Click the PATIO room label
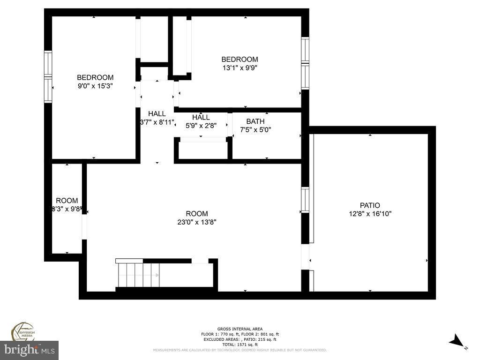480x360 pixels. pos(370,205)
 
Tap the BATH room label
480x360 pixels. pos(255,121)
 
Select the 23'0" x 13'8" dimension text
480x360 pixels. pos(196,222)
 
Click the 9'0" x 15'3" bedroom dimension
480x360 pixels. pos(95,86)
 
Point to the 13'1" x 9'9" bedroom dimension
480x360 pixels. pos(240,67)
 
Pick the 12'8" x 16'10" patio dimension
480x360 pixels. pos(370,214)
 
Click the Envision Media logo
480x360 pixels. pos(23,331)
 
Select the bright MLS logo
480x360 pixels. pos(29,350)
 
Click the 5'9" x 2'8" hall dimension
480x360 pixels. pos(201,126)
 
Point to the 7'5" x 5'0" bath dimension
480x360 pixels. pos(255,130)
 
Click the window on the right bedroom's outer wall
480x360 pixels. pos(305,63)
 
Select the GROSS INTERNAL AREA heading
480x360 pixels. pos(240,329)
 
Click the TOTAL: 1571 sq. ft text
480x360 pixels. pos(240,345)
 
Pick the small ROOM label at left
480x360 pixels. pos(67,201)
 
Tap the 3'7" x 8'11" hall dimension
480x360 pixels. pos(157,122)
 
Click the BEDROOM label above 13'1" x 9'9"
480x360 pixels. pos(240,60)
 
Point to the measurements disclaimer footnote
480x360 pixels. pos(240,350)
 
